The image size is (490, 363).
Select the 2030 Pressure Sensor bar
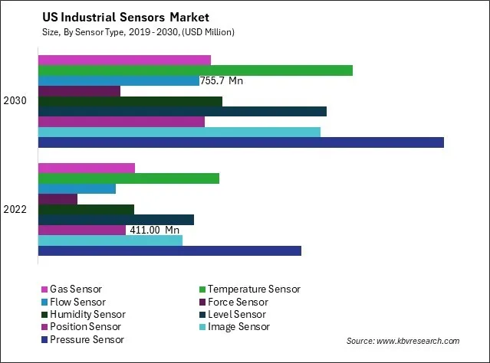click(x=240, y=142)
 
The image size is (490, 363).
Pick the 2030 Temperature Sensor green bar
click(x=195, y=70)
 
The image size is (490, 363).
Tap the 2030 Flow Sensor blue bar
click(x=118, y=80)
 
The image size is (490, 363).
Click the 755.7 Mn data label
click(x=222, y=80)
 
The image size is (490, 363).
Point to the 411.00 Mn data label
click(x=154, y=230)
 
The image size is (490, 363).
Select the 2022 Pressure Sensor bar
click(x=169, y=250)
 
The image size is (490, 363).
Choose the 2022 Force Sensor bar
click(x=58, y=199)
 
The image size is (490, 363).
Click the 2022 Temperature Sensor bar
click(x=128, y=178)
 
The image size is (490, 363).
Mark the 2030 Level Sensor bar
click(x=182, y=111)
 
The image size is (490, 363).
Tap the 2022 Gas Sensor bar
click(x=86, y=168)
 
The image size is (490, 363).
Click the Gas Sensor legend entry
click(x=75, y=289)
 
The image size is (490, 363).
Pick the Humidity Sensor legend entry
click(x=87, y=314)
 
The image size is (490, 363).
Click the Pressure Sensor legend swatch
click(x=44, y=339)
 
